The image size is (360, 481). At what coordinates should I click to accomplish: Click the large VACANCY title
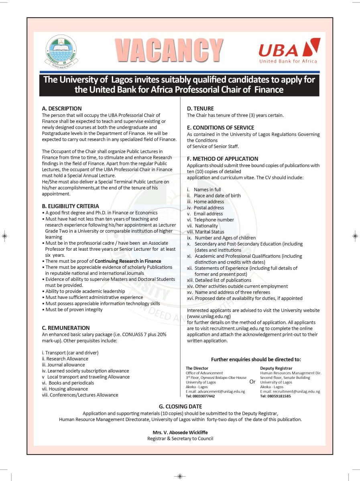pos(169,50)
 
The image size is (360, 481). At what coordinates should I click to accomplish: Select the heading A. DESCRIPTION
pos(62,108)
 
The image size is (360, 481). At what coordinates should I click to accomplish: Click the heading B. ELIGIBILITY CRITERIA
pos(70,206)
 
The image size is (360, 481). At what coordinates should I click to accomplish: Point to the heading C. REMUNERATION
pos(66,328)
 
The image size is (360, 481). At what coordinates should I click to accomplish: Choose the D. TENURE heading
pos(200,108)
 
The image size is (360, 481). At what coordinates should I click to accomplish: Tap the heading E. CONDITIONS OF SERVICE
pos(220,128)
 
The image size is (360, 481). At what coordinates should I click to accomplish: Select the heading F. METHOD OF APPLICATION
pos(222,159)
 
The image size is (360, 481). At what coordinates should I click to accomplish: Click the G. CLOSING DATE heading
pos(180,406)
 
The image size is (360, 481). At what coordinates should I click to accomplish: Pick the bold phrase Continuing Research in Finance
pos(128,261)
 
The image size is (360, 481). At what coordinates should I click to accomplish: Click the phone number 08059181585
pos(275,396)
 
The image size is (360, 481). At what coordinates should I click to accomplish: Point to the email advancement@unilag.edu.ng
pos(215,391)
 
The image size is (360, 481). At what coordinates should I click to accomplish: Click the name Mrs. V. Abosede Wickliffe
pos(180,432)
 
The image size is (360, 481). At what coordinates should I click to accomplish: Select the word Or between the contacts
pos(252,382)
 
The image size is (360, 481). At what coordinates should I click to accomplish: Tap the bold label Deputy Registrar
pos(276,368)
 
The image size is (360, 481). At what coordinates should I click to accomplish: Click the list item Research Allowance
pos(67,359)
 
